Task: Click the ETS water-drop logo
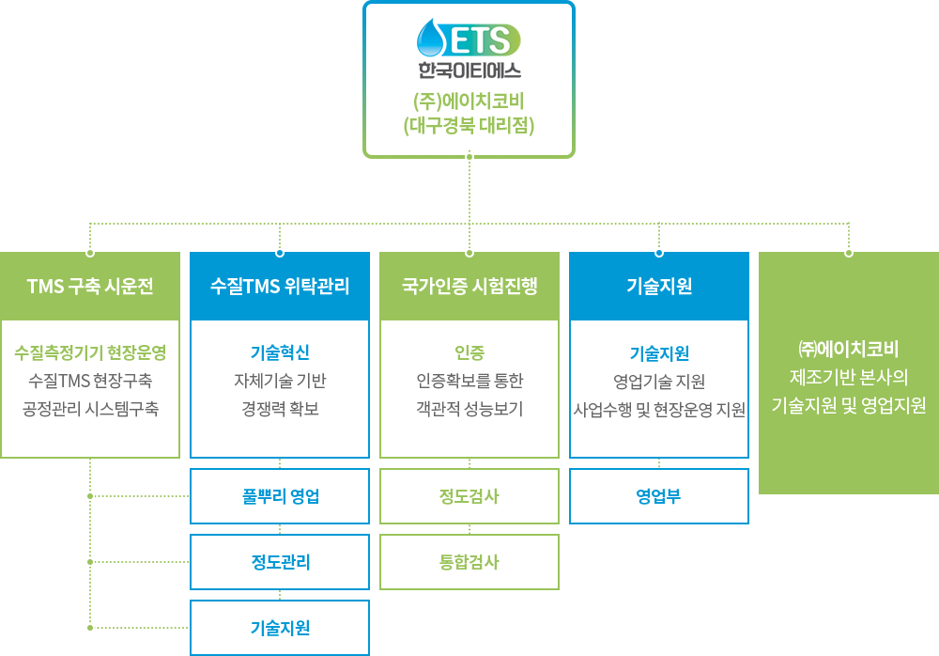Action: (468, 39)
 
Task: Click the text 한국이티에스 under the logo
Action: (469, 70)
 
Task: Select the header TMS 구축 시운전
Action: (90, 287)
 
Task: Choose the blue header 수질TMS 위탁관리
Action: (280, 287)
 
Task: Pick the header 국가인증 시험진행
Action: (469, 287)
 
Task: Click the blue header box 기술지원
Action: (659, 287)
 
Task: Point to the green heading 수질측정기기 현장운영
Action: (90, 353)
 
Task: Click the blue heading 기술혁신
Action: (280, 353)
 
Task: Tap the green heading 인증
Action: (469, 353)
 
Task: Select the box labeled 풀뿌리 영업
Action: (280, 496)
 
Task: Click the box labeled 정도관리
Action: (280, 562)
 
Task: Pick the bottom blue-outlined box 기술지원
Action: (280, 628)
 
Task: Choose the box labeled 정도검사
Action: (469, 496)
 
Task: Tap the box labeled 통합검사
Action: (469, 562)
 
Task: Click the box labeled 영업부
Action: (659, 496)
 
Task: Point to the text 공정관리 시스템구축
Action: (90, 409)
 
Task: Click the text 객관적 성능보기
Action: (469, 409)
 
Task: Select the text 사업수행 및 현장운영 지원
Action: (659, 409)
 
